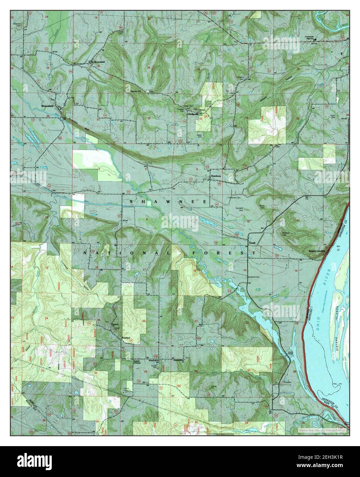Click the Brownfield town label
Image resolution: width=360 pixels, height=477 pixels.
click(48, 106)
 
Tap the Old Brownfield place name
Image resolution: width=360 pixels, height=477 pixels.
click(97, 62)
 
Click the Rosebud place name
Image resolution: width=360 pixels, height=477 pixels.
click(127, 338)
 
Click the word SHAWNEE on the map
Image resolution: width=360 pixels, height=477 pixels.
click(168, 202)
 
